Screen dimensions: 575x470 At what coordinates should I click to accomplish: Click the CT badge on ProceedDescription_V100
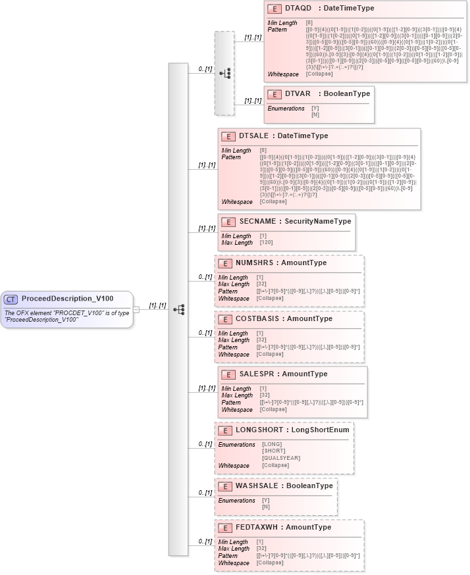point(11,299)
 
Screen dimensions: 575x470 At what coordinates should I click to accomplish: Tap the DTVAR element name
point(298,93)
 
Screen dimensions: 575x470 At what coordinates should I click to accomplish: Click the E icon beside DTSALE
point(228,136)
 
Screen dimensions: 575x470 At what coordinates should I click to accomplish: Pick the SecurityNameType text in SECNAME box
point(317,221)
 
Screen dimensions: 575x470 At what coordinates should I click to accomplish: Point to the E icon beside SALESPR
point(228,374)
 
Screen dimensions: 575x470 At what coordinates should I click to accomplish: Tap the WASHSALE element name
point(257,486)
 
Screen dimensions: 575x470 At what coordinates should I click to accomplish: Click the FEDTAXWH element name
point(256,527)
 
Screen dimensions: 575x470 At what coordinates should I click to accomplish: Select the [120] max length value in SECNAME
point(267,243)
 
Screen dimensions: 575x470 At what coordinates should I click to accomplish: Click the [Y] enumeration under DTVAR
point(315,108)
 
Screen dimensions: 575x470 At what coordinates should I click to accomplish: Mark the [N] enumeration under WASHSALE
point(266,507)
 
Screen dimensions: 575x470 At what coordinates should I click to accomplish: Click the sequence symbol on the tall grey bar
point(178,309)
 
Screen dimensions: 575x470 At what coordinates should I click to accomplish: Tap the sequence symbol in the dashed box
point(224,73)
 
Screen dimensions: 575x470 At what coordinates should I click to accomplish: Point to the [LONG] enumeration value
point(272,444)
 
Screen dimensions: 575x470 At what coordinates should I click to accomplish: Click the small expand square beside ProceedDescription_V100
point(136,309)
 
